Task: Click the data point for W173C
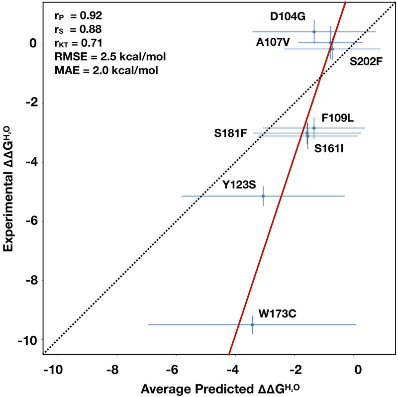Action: tap(252, 324)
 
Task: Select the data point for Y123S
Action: tap(263, 196)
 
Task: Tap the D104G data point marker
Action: tap(314, 32)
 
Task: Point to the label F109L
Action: tap(337, 118)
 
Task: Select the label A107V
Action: tap(273, 43)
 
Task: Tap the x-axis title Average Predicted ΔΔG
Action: tap(217, 388)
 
